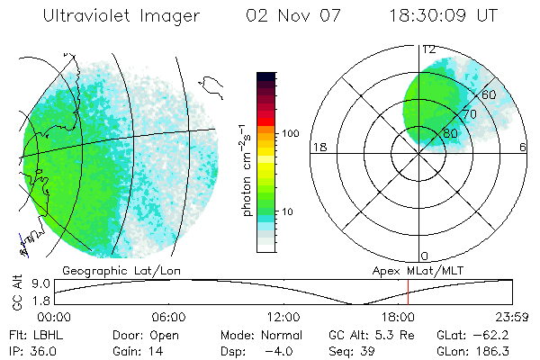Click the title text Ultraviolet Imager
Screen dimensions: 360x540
pyautogui.click(x=122, y=16)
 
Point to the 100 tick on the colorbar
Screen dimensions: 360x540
pyautogui.click(x=290, y=133)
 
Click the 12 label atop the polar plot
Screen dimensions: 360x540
pyautogui.click(x=429, y=49)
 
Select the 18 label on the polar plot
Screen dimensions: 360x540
pyautogui.click(x=318, y=148)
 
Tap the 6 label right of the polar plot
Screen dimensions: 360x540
pyautogui.click(x=523, y=148)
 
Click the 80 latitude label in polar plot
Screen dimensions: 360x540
pyautogui.click(x=450, y=133)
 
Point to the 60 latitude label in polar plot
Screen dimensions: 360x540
pyautogui.click(x=490, y=94)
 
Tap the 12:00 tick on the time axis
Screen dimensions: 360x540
pyautogui.click(x=283, y=317)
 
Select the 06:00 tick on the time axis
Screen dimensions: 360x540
pyautogui.click(x=168, y=317)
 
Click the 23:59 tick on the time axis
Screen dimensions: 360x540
pyautogui.click(x=513, y=317)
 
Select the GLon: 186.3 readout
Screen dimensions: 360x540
pyautogui.click(x=481, y=351)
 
